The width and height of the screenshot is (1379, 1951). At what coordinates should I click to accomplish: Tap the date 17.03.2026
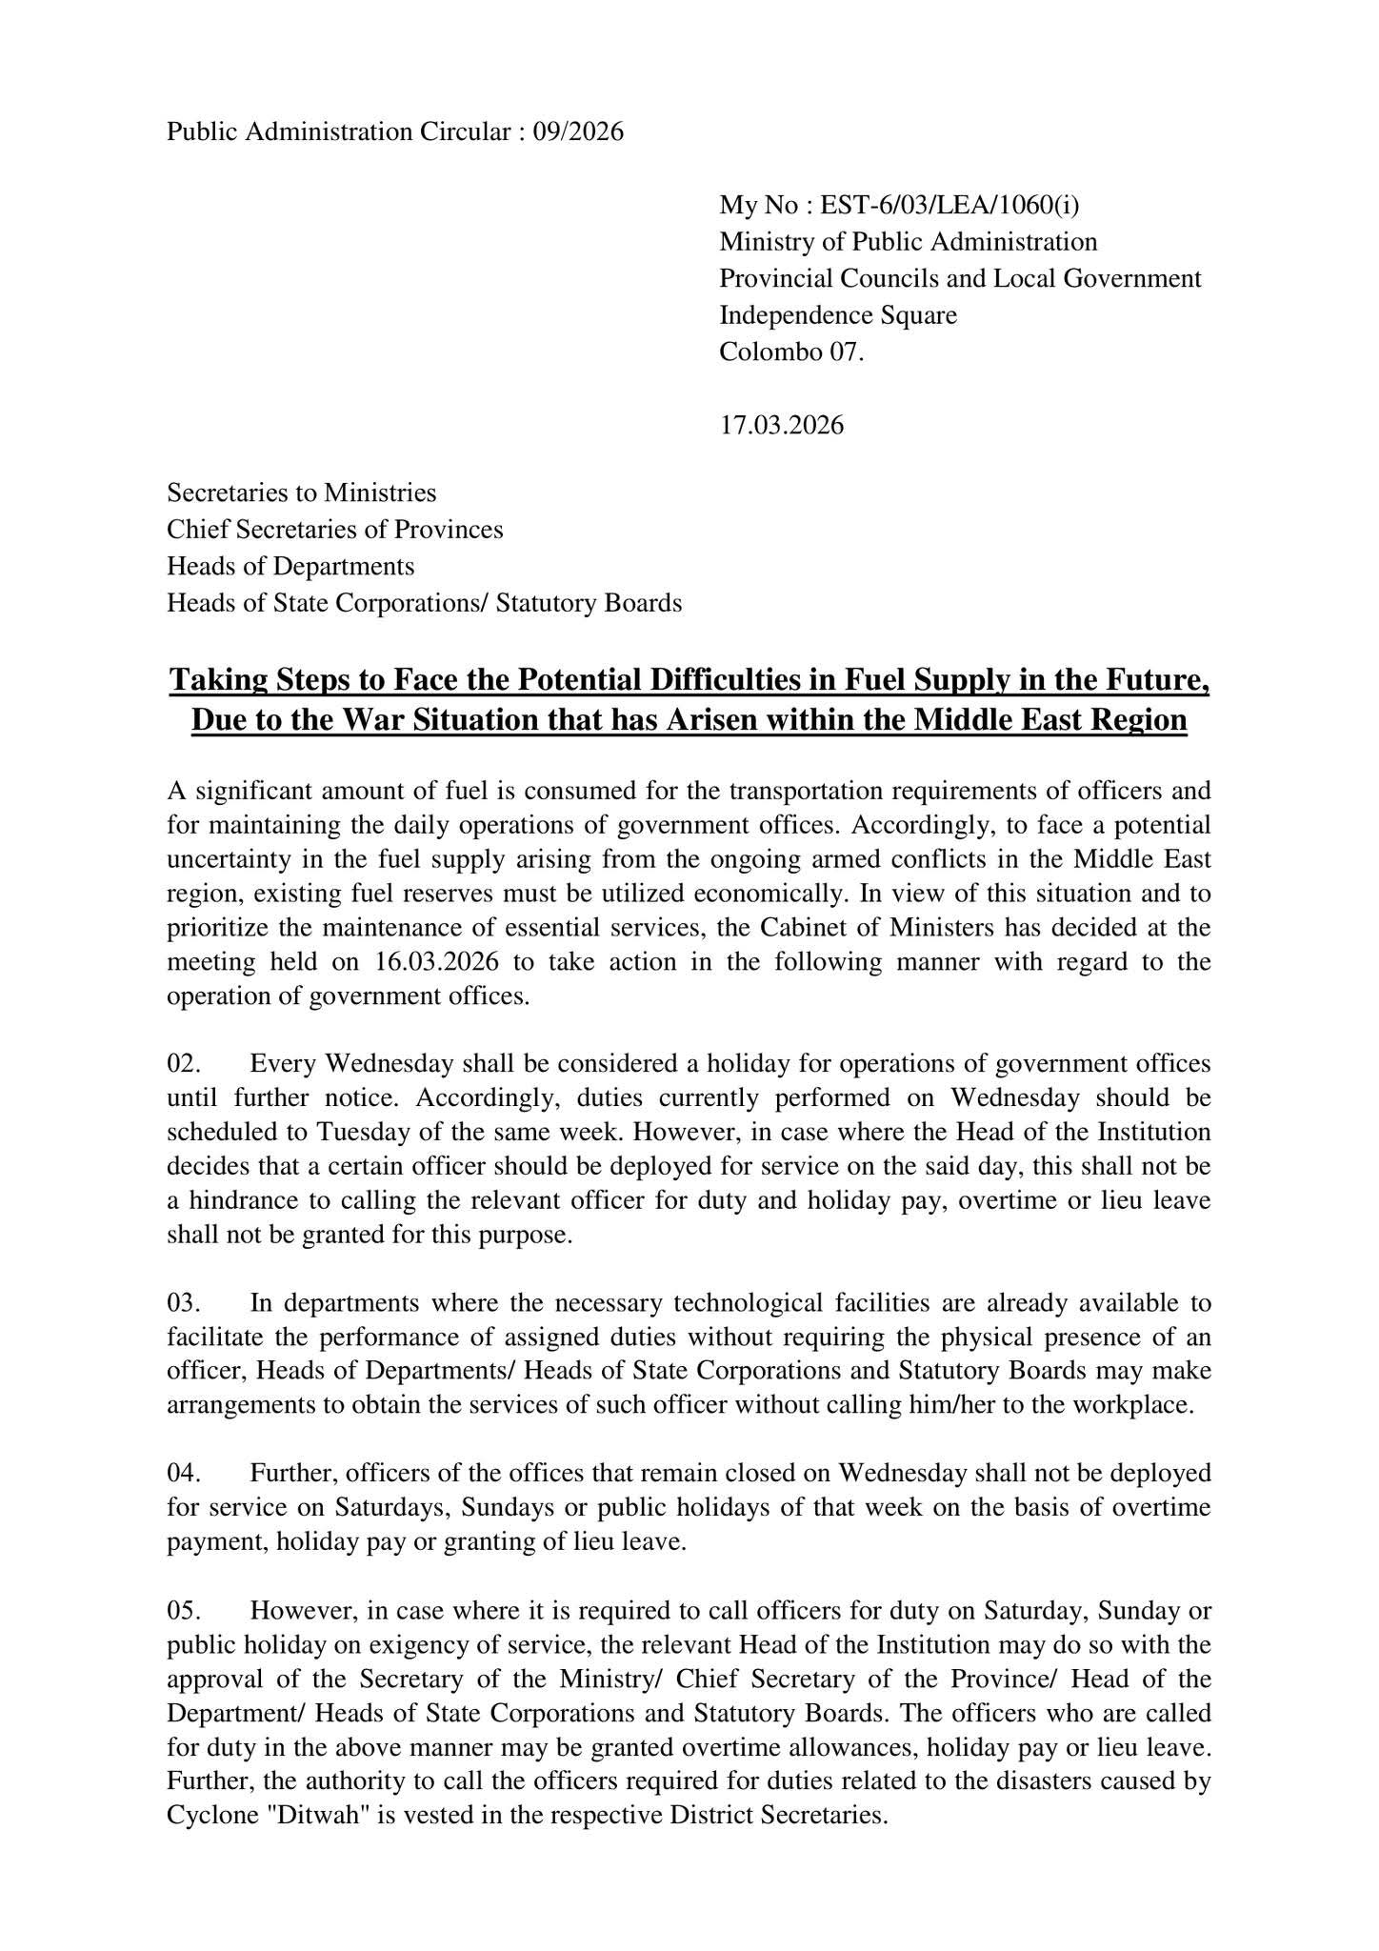781,425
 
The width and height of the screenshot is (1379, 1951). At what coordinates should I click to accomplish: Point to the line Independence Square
838,315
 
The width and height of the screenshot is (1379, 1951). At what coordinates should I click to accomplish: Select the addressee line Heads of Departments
290,566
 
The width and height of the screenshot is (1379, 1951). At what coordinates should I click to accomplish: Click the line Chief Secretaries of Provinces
335,530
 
